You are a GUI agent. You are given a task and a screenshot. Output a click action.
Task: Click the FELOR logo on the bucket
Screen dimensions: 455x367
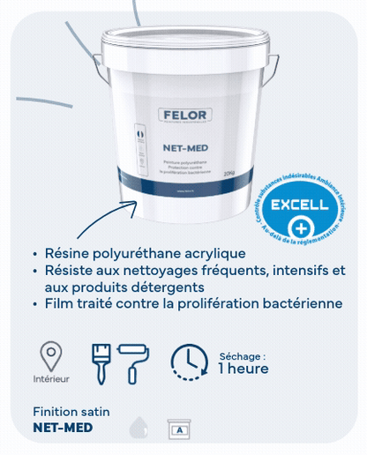183,115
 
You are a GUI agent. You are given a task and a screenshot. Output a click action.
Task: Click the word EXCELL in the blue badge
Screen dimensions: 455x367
298,205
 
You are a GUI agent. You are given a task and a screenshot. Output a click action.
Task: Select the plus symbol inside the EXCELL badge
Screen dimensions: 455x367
299,226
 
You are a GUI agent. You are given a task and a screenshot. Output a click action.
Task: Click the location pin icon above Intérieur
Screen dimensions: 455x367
52,357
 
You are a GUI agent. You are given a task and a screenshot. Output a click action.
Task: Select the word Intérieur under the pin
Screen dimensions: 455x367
51,380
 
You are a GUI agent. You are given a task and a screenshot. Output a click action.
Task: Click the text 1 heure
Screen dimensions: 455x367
243,369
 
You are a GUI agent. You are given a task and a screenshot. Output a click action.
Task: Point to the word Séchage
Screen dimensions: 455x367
240,355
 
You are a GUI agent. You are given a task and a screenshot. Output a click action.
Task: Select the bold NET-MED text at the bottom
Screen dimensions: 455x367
62,428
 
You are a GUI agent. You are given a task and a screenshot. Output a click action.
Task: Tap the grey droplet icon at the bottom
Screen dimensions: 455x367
139,428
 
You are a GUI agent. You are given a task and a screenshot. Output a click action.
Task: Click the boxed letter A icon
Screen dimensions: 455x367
180,429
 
